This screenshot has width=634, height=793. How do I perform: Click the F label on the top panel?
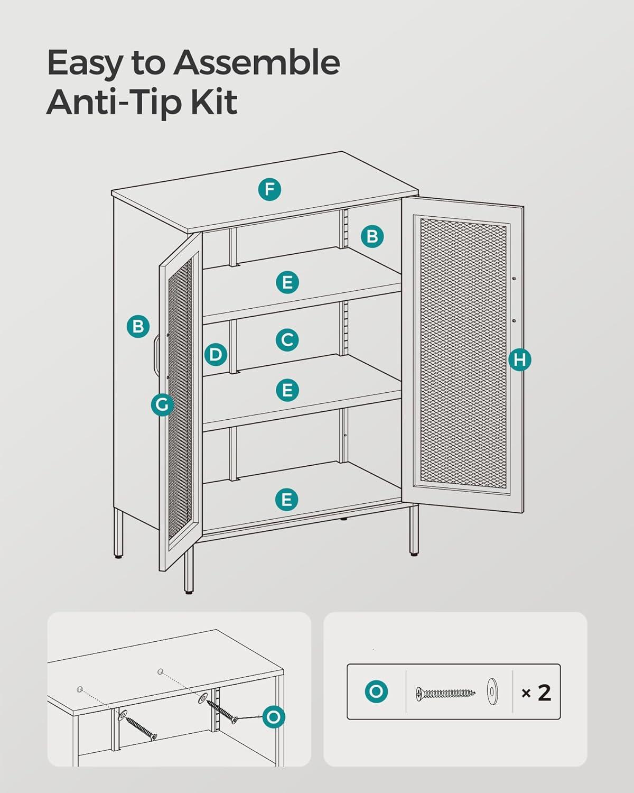269,189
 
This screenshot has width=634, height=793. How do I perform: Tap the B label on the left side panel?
138,327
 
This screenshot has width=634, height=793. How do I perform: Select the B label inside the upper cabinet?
372,236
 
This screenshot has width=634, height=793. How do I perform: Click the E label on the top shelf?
287,282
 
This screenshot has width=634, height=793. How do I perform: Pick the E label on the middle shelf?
287,390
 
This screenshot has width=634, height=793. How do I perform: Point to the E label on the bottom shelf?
286,500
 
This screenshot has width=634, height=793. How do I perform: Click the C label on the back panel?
287,340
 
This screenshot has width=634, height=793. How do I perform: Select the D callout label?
216,355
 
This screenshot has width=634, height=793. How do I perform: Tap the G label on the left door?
162,404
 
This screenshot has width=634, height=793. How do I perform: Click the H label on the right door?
520,359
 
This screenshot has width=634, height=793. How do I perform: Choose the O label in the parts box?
376,691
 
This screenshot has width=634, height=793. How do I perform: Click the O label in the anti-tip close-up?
273,717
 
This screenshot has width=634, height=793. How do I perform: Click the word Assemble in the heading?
257,62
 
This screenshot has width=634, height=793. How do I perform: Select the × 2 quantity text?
536,693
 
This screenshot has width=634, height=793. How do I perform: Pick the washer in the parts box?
492,691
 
